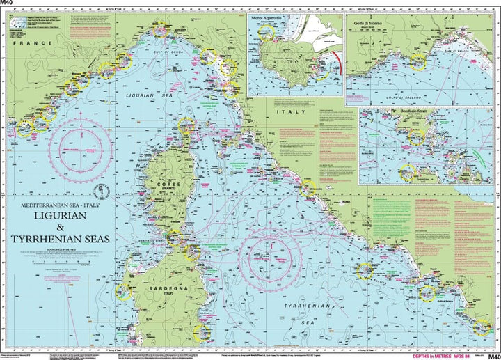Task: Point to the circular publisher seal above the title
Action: pos(98,192)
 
